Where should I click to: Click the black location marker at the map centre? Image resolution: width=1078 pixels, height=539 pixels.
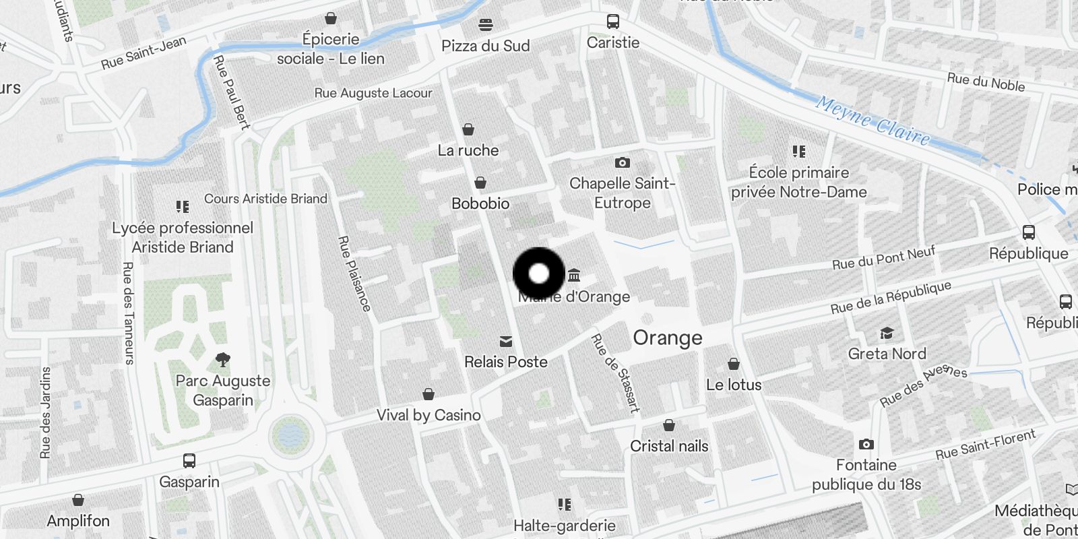click(x=539, y=274)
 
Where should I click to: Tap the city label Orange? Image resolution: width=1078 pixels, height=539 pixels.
click(x=667, y=338)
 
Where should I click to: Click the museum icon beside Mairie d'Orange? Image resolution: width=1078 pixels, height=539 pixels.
click(x=574, y=275)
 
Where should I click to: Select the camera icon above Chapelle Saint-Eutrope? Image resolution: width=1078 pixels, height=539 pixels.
click(x=622, y=162)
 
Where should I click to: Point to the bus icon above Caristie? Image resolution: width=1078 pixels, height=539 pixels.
click(x=612, y=22)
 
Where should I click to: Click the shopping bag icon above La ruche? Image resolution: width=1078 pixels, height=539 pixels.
click(x=468, y=129)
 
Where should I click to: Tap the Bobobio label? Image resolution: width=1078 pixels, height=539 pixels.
click(x=480, y=203)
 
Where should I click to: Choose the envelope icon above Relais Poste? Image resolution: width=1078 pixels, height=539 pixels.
click(x=506, y=342)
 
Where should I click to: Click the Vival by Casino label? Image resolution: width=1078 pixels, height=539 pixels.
click(x=429, y=415)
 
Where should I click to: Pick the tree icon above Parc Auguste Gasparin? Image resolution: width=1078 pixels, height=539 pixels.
click(x=222, y=360)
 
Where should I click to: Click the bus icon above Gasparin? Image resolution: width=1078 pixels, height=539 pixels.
click(x=189, y=461)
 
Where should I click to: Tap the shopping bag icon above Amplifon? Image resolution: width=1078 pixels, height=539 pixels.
click(x=78, y=500)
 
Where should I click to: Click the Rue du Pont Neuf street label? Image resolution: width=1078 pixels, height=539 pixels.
click(x=884, y=258)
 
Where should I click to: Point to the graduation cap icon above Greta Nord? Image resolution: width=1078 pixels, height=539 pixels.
click(x=887, y=334)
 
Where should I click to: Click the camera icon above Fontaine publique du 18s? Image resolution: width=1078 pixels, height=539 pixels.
click(x=866, y=445)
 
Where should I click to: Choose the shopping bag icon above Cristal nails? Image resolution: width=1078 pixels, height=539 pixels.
click(x=669, y=425)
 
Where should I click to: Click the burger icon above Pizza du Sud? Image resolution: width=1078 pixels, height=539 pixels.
click(x=486, y=25)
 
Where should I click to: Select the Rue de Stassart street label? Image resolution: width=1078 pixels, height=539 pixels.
click(x=615, y=373)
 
